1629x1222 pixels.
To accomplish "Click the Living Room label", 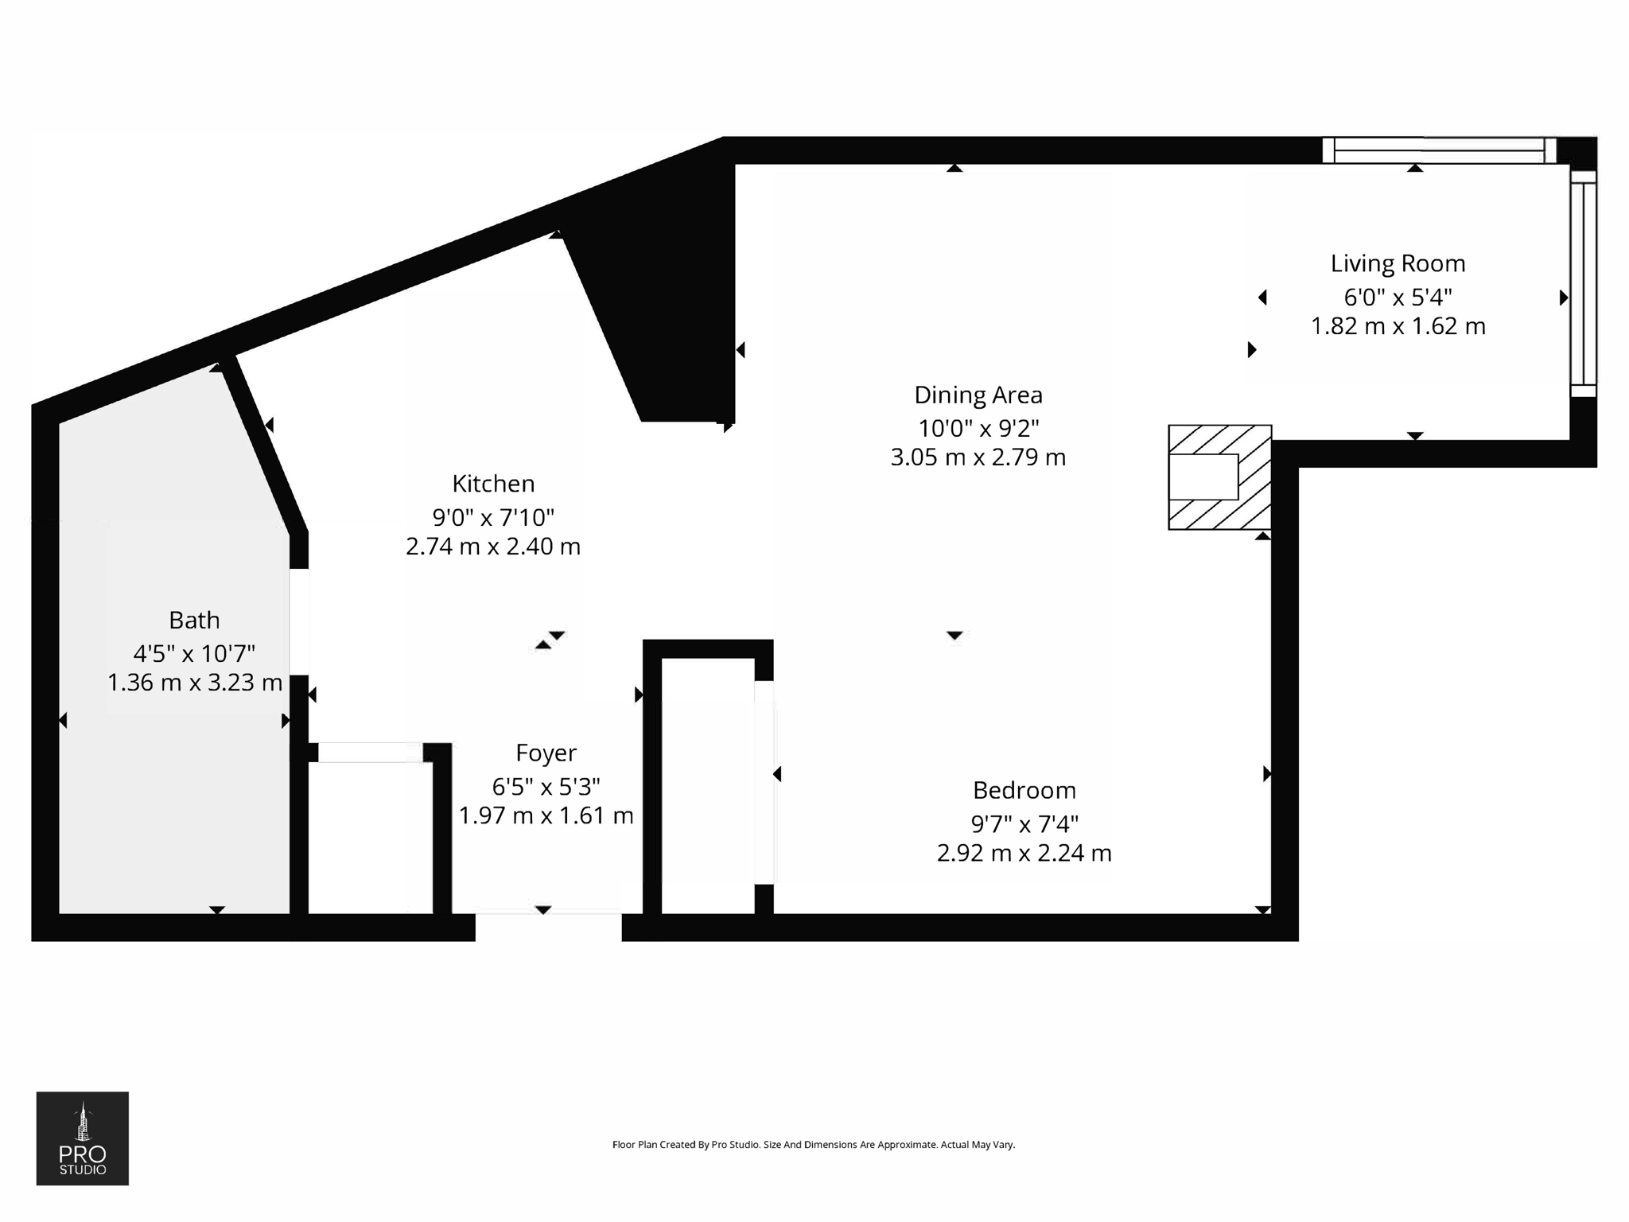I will point(1398,263).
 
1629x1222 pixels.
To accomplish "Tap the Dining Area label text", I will point(978,395).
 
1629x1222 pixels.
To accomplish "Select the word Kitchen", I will point(493,484).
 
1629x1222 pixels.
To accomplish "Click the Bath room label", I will point(194,620).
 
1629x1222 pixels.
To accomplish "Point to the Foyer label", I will point(546,753).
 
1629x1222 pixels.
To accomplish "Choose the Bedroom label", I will point(1024,790).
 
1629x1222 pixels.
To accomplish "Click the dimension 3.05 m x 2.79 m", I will point(978,457).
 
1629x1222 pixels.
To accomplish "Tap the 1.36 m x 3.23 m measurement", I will point(195,683).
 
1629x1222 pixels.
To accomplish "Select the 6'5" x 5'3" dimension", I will point(546,787).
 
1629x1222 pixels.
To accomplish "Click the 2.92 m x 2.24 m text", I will point(1024,853).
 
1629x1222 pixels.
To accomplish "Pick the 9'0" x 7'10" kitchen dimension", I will point(493,518).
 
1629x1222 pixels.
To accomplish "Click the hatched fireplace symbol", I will point(1219,477).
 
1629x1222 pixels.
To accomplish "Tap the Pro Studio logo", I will point(83,1138).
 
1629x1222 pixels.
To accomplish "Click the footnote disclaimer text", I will point(813,1145).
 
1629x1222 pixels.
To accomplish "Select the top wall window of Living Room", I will point(1438,150).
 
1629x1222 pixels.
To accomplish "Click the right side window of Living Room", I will point(1583,284).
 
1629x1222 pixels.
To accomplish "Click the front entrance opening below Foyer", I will point(548,926).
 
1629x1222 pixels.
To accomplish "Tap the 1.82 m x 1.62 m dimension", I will point(1398,326).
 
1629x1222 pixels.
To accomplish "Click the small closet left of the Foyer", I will point(370,835).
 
